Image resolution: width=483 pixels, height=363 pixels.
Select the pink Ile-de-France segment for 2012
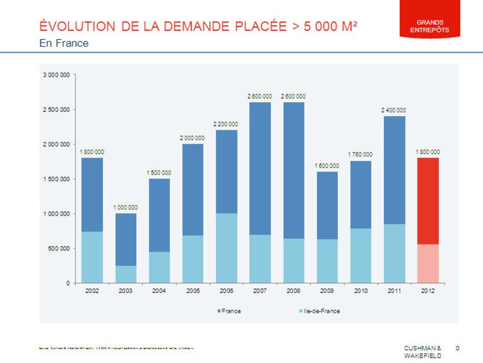[x=427, y=263]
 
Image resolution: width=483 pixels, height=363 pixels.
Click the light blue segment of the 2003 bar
[x=125, y=274]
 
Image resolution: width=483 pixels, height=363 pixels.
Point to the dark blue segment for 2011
[x=393, y=170]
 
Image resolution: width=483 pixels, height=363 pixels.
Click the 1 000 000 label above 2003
[x=125, y=207]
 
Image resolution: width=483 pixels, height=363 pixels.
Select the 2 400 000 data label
[x=393, y=110]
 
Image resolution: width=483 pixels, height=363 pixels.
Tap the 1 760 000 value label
[x=360, y=155]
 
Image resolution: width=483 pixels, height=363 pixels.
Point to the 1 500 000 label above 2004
[x=159, y=173]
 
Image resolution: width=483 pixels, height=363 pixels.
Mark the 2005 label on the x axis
[x=192, y=291]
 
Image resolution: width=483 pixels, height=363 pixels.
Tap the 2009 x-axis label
[x=327, y=291]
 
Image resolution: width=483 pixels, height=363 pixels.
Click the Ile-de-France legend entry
[x=322, y=311]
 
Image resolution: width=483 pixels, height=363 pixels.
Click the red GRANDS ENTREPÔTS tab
[x=429, y=26]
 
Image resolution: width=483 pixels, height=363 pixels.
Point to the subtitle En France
[x=63, y=43]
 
